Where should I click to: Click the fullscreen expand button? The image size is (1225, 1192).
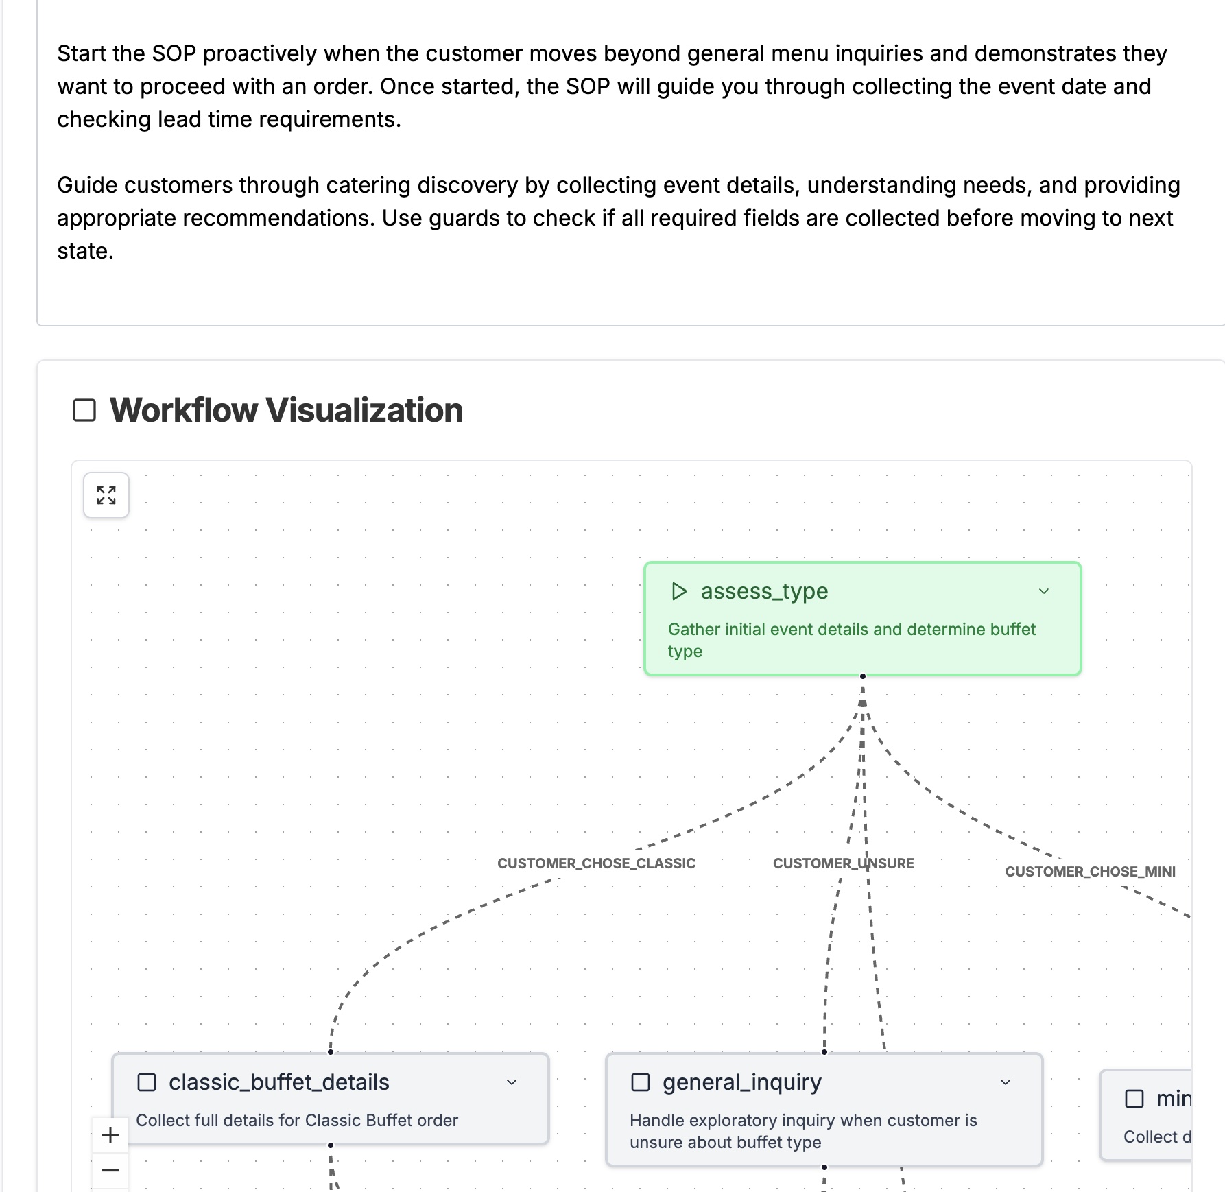[x=106, y=495]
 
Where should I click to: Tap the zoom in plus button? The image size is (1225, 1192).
[x=110, y=1135]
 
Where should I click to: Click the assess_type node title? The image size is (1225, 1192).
[x=764, y=591]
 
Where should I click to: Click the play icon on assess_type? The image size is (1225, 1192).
[x=679, y=591]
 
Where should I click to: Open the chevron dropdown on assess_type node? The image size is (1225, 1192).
[x=1044, y=591]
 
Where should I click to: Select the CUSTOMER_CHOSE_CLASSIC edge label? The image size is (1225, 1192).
[x=596, y=863]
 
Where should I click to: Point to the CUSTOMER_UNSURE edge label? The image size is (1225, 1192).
[x=843, y=863]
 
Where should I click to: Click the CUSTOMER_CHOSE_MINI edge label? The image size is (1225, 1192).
[x=1090, y=872]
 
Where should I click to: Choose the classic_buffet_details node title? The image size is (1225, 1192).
[x=278, y=1082]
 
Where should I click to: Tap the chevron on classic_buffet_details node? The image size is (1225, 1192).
[x=512, y=1082]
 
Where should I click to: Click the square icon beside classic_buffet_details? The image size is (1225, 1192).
[x=147, y=1082]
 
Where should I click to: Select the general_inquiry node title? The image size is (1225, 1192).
[x=741, y=1082]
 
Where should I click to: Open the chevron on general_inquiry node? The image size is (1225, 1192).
[x=1006, y=1082]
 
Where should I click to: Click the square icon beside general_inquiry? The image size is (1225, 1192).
[x=640, y=1082]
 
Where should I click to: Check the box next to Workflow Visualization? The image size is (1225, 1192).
[x=84, y=410]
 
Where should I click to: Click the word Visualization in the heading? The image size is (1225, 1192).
[x=364, y=410]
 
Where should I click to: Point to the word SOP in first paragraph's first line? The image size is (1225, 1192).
[x=174, y=53]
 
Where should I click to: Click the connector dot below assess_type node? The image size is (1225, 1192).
[x=863, y=676]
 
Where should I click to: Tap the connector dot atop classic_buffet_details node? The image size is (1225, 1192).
[x=331, y=1052]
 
